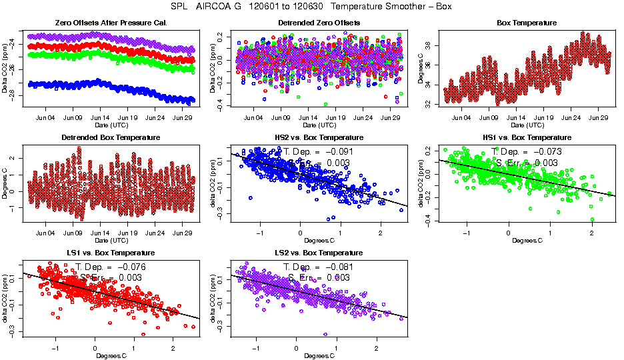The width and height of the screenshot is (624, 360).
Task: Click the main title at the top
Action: pyautogui.click(x=312, y=7)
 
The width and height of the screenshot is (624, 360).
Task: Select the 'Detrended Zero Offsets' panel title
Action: pyautogui.click(x=319, y=23)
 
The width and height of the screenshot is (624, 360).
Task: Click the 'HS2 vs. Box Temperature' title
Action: pyautogui.click(x=319, y=138)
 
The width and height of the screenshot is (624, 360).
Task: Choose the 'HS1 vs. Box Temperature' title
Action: pyautogui.click(x=527, y=138)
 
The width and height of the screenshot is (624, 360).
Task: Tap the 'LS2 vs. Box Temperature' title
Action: pyautogui.click(x=319, y=253)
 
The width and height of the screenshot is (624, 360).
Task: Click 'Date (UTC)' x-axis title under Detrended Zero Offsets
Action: pyautogui.click(x=319, y=125)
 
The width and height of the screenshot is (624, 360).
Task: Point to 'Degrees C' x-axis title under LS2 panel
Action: pyautogui.click(x=319, y=355)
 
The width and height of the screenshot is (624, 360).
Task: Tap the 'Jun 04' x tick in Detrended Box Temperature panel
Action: pyautogui.click(x=45, y=233)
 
